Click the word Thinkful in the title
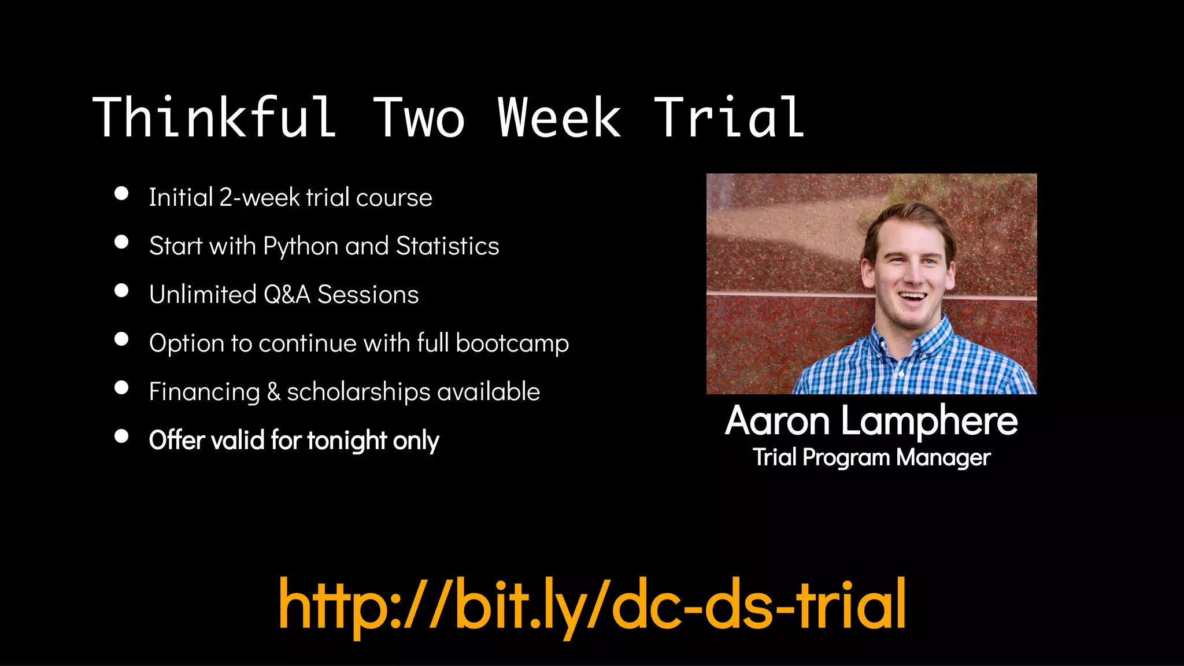click(x=214, y=118)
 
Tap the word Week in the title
click(x=559, y=118)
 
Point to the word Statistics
click(x=447, y=246)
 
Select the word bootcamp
click(x=512, y=343)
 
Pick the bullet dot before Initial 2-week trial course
click(x=121, y=193)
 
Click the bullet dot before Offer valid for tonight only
click(x=121, y=436)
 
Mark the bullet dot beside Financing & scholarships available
click(x=121, y=387)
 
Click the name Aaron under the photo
click(x=778, y=421)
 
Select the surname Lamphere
click(x=929, y=421)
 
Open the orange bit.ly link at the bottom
click(x=592, y=605)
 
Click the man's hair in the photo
click(x=908, y=217)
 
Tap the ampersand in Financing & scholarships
click(x=273, y=392)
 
